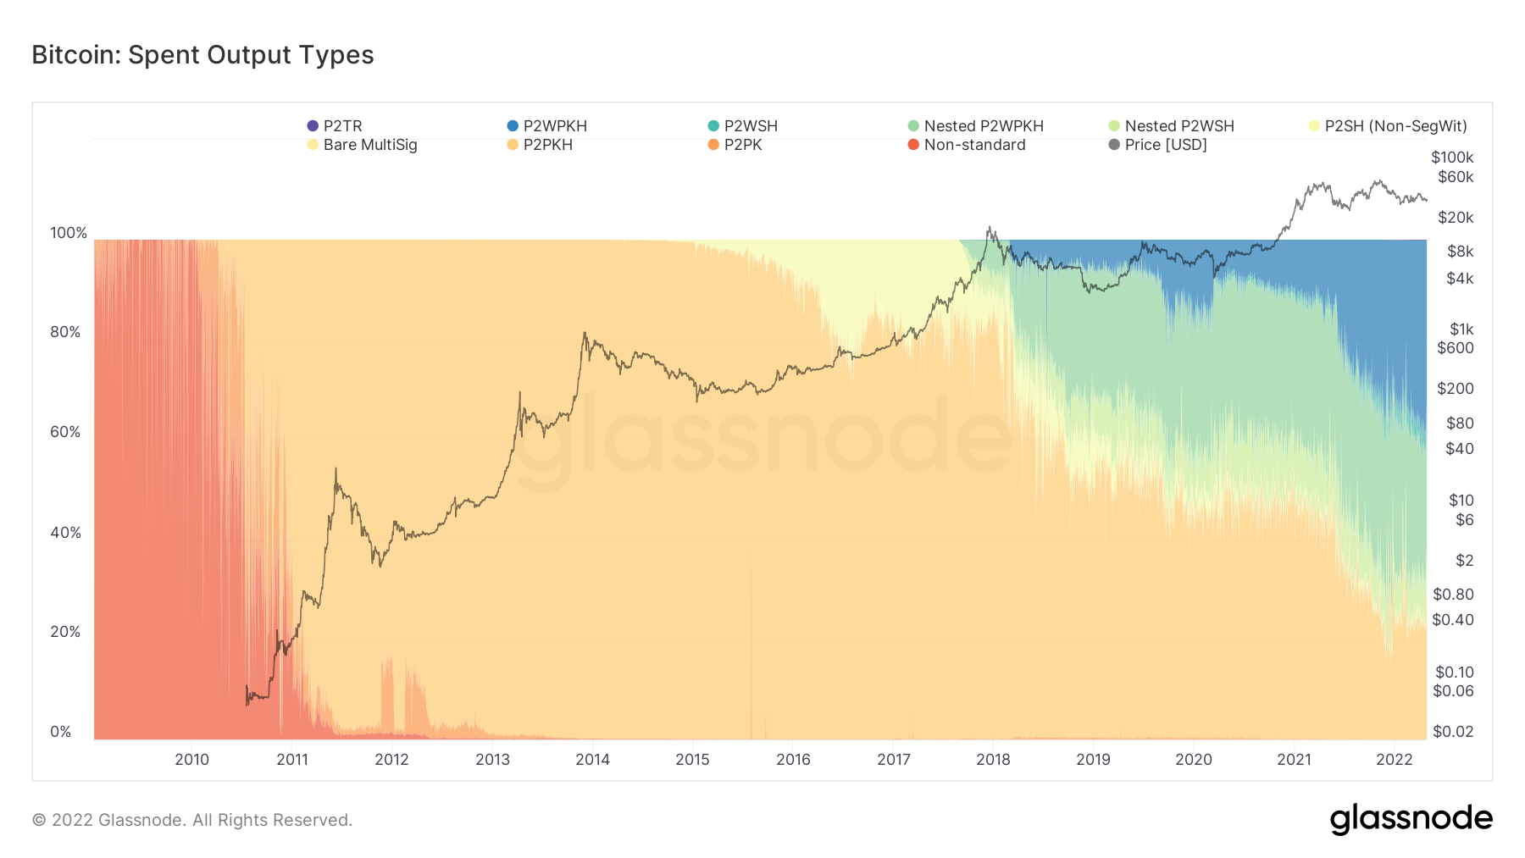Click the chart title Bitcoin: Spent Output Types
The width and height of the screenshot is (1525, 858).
(202, 55)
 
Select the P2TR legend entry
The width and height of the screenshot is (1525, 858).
(335, 126)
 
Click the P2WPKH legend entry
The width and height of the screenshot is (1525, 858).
(547, 126)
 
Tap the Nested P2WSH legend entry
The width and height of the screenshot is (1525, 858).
(1172, 126)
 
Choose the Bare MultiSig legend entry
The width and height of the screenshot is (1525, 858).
(363, 145)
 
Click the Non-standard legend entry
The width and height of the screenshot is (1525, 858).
(967, 145)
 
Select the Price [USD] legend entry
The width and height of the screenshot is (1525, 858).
(1158, 145)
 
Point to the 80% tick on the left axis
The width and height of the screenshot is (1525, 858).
(65, 332)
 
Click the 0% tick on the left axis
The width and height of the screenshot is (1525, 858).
(61, 732)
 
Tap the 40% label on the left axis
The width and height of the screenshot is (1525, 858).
(65, 533)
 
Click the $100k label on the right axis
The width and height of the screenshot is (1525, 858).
(1452, 158)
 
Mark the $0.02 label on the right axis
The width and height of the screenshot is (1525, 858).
(1453, 732)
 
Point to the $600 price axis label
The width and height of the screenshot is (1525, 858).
(1456, 348)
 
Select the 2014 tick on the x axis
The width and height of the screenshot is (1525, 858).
(592, 760)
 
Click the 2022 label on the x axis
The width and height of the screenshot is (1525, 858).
(1394, 760)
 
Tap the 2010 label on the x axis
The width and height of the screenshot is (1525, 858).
(191, 760)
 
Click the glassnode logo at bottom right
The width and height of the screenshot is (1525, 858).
(1411, 819)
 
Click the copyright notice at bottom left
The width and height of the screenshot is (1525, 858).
(192, 820)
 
